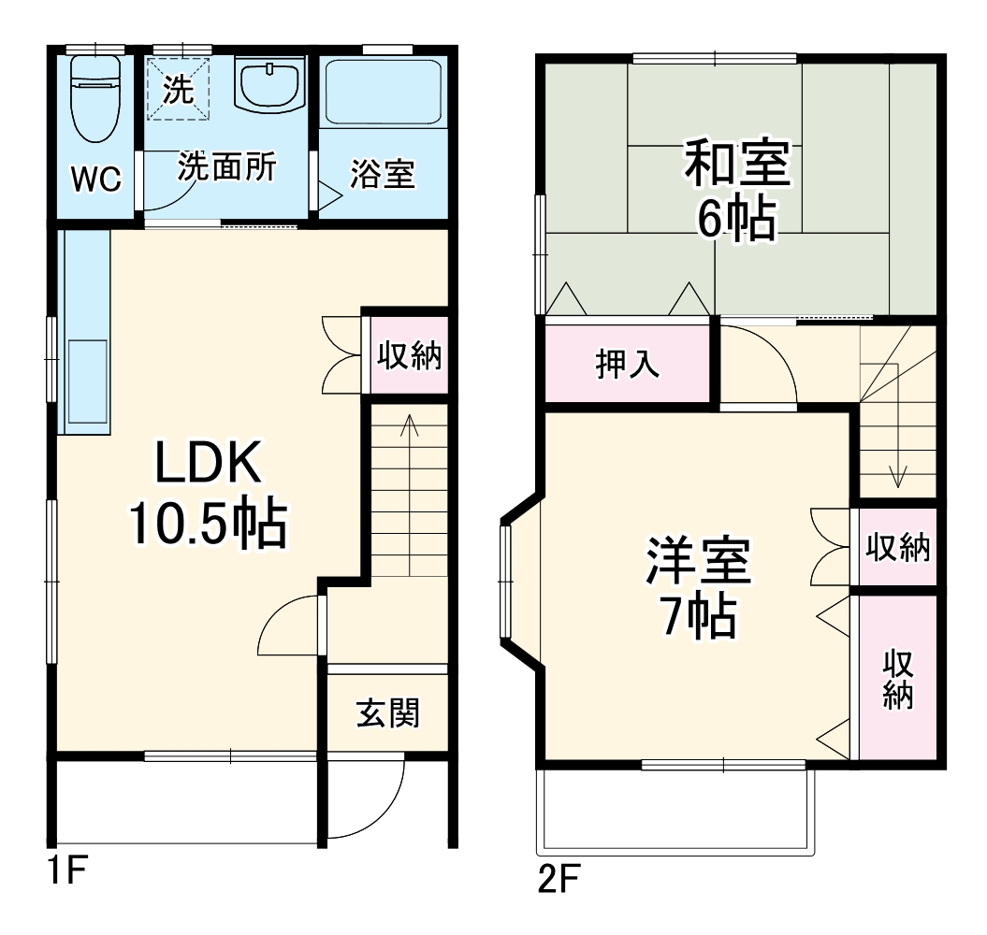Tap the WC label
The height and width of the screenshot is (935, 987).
(96, 180)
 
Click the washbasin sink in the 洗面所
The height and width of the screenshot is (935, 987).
(271, 85)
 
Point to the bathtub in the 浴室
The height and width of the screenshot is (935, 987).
(383, 93)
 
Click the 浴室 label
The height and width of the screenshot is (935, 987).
(383, 175)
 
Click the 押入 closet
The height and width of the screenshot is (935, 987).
(628, 364)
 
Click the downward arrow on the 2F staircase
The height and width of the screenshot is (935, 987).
(898, 477)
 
